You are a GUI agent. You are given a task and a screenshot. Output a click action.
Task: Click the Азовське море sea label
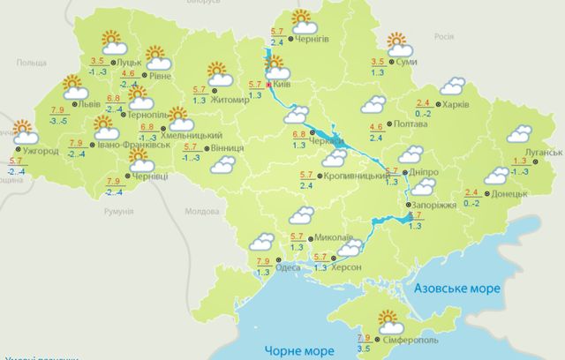[x=449, y=289]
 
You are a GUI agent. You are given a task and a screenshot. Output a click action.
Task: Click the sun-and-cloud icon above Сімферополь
[x=389, y=319]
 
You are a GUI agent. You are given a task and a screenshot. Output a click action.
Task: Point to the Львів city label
[x=89, y=103]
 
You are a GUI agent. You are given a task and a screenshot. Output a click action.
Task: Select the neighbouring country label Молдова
[x=201, y=213]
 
